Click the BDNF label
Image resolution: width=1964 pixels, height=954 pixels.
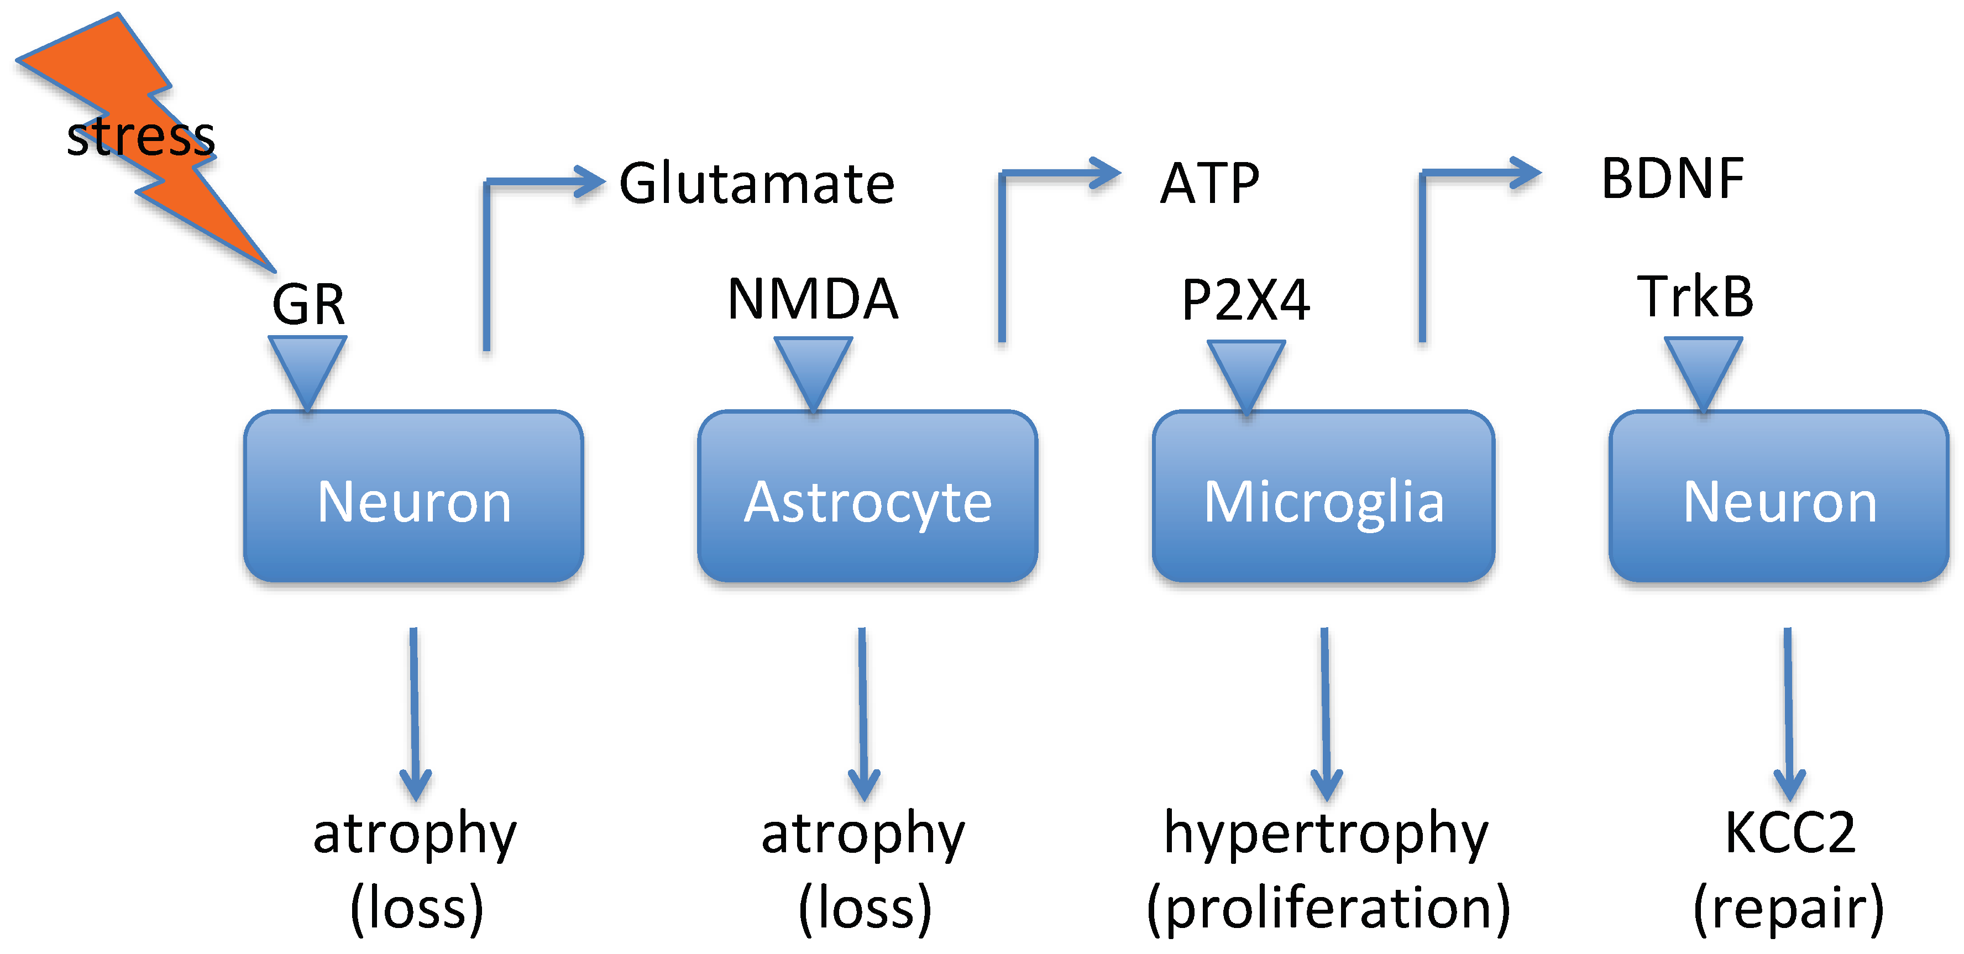click(x=1673, y=179)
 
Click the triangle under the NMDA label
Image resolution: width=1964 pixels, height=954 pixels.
click(x=813, y=370)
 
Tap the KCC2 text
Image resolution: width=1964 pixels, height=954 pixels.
click(x=1789, y=833)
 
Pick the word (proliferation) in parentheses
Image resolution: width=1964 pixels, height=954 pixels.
click(x=1327, y=908)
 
